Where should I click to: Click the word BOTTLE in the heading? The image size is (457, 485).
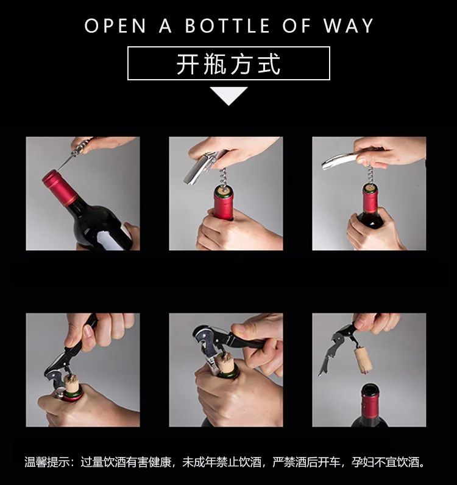(227, 26)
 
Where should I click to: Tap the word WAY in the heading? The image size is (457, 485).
(349, 26)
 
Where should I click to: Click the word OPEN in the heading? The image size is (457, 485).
(115, 26)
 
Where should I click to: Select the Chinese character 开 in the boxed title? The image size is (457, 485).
(188, 64)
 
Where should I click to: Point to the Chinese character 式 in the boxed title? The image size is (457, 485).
(269, 64)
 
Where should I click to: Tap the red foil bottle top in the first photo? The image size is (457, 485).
(60, 187)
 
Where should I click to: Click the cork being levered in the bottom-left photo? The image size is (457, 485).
(71, 383)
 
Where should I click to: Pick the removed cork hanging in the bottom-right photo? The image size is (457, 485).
(364, 361)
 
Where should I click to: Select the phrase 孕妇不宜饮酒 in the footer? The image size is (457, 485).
(385, 462)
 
